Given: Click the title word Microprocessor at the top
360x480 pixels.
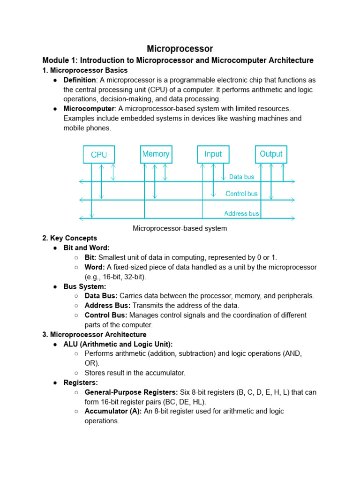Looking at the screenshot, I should (x=180, y=49).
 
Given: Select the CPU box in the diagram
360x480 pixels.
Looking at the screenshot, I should (x=98, y=154).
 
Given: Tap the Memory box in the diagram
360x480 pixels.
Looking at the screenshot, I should (x=156, y=154).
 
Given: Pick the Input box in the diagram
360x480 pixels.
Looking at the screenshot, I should (x=213, y=154).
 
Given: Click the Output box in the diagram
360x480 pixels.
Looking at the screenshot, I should (x=271, y=154).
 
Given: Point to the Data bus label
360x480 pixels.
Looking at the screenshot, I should (x=241, y=177).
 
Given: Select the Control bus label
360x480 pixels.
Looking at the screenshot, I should (x=241, y=194).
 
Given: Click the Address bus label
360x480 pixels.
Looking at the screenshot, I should (x=241, y=214).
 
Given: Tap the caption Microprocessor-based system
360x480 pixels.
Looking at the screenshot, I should (x=180, y=229).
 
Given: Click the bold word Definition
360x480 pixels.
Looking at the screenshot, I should (x=80, y=80).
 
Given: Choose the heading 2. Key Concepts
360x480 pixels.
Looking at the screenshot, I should (x=70, y=238).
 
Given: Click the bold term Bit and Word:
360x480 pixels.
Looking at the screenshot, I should (x=87, y=248).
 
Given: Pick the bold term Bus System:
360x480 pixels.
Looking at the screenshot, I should (x=85, y=286).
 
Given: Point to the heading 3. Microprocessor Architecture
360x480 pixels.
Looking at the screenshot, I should (x=94, y=335).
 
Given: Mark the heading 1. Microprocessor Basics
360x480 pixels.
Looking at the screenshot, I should (x=85, y=70).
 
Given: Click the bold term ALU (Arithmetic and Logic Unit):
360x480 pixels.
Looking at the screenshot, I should (x=118, y=344).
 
